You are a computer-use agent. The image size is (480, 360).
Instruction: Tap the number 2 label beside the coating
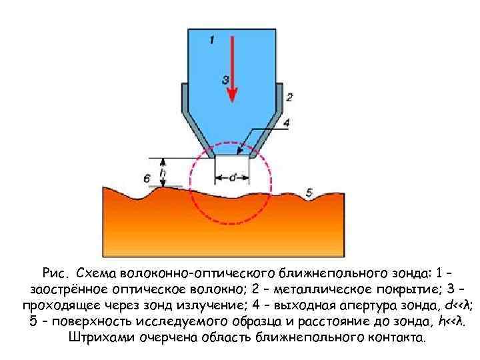coord(289,97)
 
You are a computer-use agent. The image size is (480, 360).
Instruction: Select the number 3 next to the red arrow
coord(225,79)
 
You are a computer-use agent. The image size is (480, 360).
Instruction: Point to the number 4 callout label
coord(286,123)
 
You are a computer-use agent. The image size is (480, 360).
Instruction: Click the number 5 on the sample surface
coord(308,193)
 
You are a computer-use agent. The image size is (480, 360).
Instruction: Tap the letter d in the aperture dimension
coord(232,177)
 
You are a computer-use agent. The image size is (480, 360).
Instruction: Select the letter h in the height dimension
coord(163,172)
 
